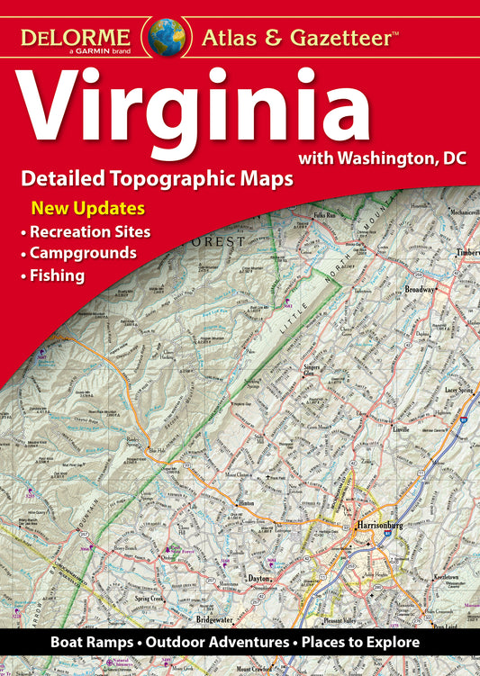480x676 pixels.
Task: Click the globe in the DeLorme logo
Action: click(x=168, y=35)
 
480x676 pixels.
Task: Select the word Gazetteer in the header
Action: click(x=335, y=38)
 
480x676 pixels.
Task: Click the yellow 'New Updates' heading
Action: click(x=88, y=209)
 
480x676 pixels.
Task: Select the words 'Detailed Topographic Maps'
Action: click(x=158, y=178)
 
